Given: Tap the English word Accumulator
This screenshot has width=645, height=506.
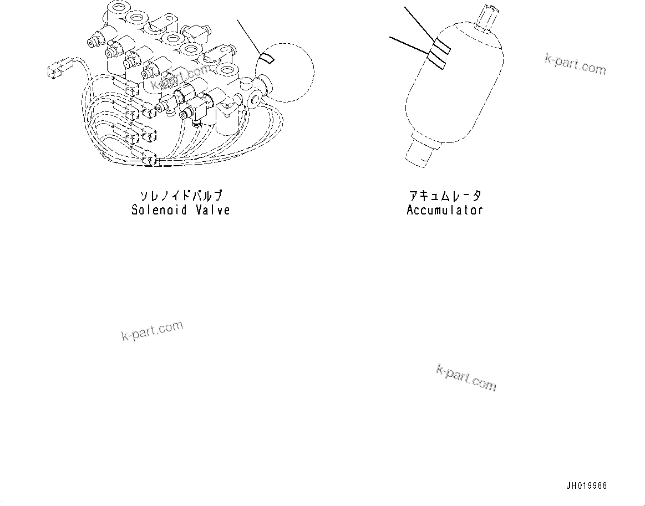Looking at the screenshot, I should coord(445,210).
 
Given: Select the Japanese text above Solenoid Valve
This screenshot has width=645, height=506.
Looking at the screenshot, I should coord(181,196).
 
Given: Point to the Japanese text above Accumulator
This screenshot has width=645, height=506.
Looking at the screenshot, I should coord(445,196).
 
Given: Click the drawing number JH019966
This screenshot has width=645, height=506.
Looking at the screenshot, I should coord(587,486).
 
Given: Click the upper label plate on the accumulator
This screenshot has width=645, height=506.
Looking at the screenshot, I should coord(441,47).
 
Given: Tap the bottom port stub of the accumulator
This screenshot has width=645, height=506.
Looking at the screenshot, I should coord(424,154).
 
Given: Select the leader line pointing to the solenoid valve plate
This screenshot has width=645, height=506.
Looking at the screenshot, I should coord(250,36).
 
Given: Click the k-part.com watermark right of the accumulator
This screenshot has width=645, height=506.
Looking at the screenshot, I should coord(575,65).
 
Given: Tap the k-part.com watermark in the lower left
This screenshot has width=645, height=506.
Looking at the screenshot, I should coord(152,331).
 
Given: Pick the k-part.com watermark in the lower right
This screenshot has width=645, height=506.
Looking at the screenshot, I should coord(466,377).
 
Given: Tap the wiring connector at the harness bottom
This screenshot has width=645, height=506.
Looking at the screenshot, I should coord(148,160).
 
